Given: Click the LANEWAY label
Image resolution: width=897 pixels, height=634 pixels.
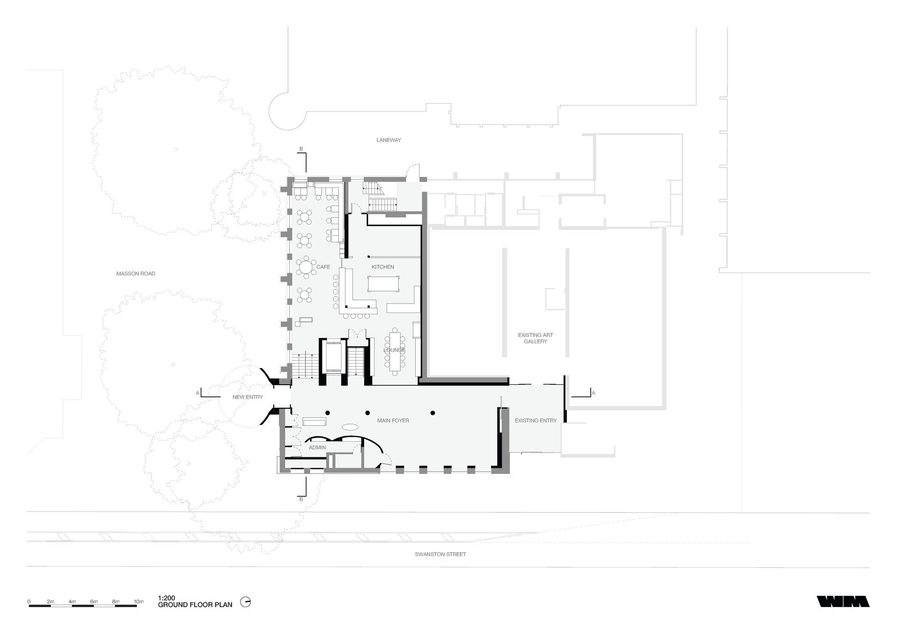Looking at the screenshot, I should click(x=388, y=140).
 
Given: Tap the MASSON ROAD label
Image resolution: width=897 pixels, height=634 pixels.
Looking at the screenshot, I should click(x=135, y=274).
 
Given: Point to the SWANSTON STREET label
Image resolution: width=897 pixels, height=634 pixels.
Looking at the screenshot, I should click(x=440, y=554).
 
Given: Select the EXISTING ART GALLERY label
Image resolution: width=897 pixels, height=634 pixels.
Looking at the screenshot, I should click(x=535, y=338).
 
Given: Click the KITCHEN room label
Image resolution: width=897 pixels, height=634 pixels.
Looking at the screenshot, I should click(x=383, y=267).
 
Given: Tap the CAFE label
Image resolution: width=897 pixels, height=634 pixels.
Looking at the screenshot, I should click(x=323, y=267).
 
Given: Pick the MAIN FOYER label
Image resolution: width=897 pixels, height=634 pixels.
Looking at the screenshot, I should click(x=393, y=421).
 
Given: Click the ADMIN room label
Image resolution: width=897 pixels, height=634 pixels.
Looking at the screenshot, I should click(x=317, y=447).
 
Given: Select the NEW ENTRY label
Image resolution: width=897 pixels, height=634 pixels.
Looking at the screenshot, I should click(x=248, y=397).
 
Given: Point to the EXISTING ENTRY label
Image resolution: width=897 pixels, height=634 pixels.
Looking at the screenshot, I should click(x=535, y=421).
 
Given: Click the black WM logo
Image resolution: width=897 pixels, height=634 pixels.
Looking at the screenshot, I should click(x=843, y=601).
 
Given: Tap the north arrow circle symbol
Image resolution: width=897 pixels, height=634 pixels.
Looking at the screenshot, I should click(x=245, y=602).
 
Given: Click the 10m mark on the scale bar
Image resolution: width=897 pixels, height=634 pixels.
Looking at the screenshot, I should click(x=139, y=601).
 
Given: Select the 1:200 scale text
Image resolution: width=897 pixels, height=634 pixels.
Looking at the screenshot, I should click(x=166, y=598).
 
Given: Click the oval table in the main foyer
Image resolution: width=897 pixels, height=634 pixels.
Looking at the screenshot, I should click(x=350, y=426).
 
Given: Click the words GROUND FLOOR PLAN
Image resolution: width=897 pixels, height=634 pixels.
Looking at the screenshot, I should click(x=195, y=605).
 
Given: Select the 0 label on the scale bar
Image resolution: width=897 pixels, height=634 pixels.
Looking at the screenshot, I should click(x=29, y=601).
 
